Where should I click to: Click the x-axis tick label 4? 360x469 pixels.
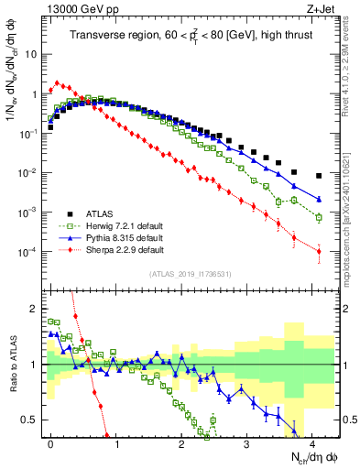tap(312, 442)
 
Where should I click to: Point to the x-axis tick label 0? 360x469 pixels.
tap(51, 442)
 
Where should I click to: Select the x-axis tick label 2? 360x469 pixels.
tap(181, 442)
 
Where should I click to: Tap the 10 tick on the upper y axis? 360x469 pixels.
tap(30, 54)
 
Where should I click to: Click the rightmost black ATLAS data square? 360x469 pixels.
tap(319, 176)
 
